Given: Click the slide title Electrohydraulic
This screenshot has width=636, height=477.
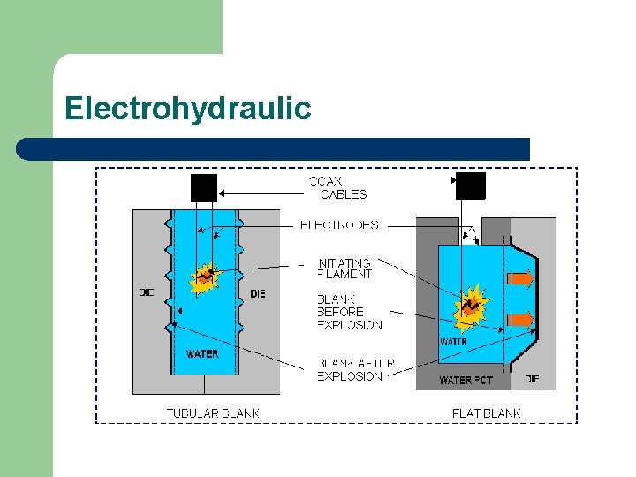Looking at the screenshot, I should tap(187, 109).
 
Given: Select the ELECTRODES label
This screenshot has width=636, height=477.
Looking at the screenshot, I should tap(339, 225).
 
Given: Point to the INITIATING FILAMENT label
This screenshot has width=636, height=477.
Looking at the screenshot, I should tap(344, 269).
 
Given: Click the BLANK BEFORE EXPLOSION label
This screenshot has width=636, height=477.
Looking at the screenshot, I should tap(349, 312).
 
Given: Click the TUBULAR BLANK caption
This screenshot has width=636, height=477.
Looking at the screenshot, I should tap(213, 413).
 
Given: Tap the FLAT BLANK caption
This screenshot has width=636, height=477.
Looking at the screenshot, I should tap(486, 413).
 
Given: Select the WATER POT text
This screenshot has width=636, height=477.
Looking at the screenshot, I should tap(466, 381).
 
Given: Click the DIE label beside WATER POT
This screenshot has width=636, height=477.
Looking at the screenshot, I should tap(532, 379).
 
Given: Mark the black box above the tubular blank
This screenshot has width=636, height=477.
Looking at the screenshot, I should tap(203, 187).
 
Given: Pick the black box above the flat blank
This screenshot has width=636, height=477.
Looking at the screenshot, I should tap(470, 185).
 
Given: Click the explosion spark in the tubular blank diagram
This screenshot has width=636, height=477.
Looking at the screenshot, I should tap(206, 278).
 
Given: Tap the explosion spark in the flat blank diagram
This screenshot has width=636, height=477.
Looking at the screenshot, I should tap(470, 306).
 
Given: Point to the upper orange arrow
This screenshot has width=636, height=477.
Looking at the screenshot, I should tap(523, 281).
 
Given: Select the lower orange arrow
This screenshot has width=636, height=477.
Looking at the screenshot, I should tap(523, 320).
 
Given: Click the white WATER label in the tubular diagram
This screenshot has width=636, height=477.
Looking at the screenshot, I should tap(202, 354).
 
